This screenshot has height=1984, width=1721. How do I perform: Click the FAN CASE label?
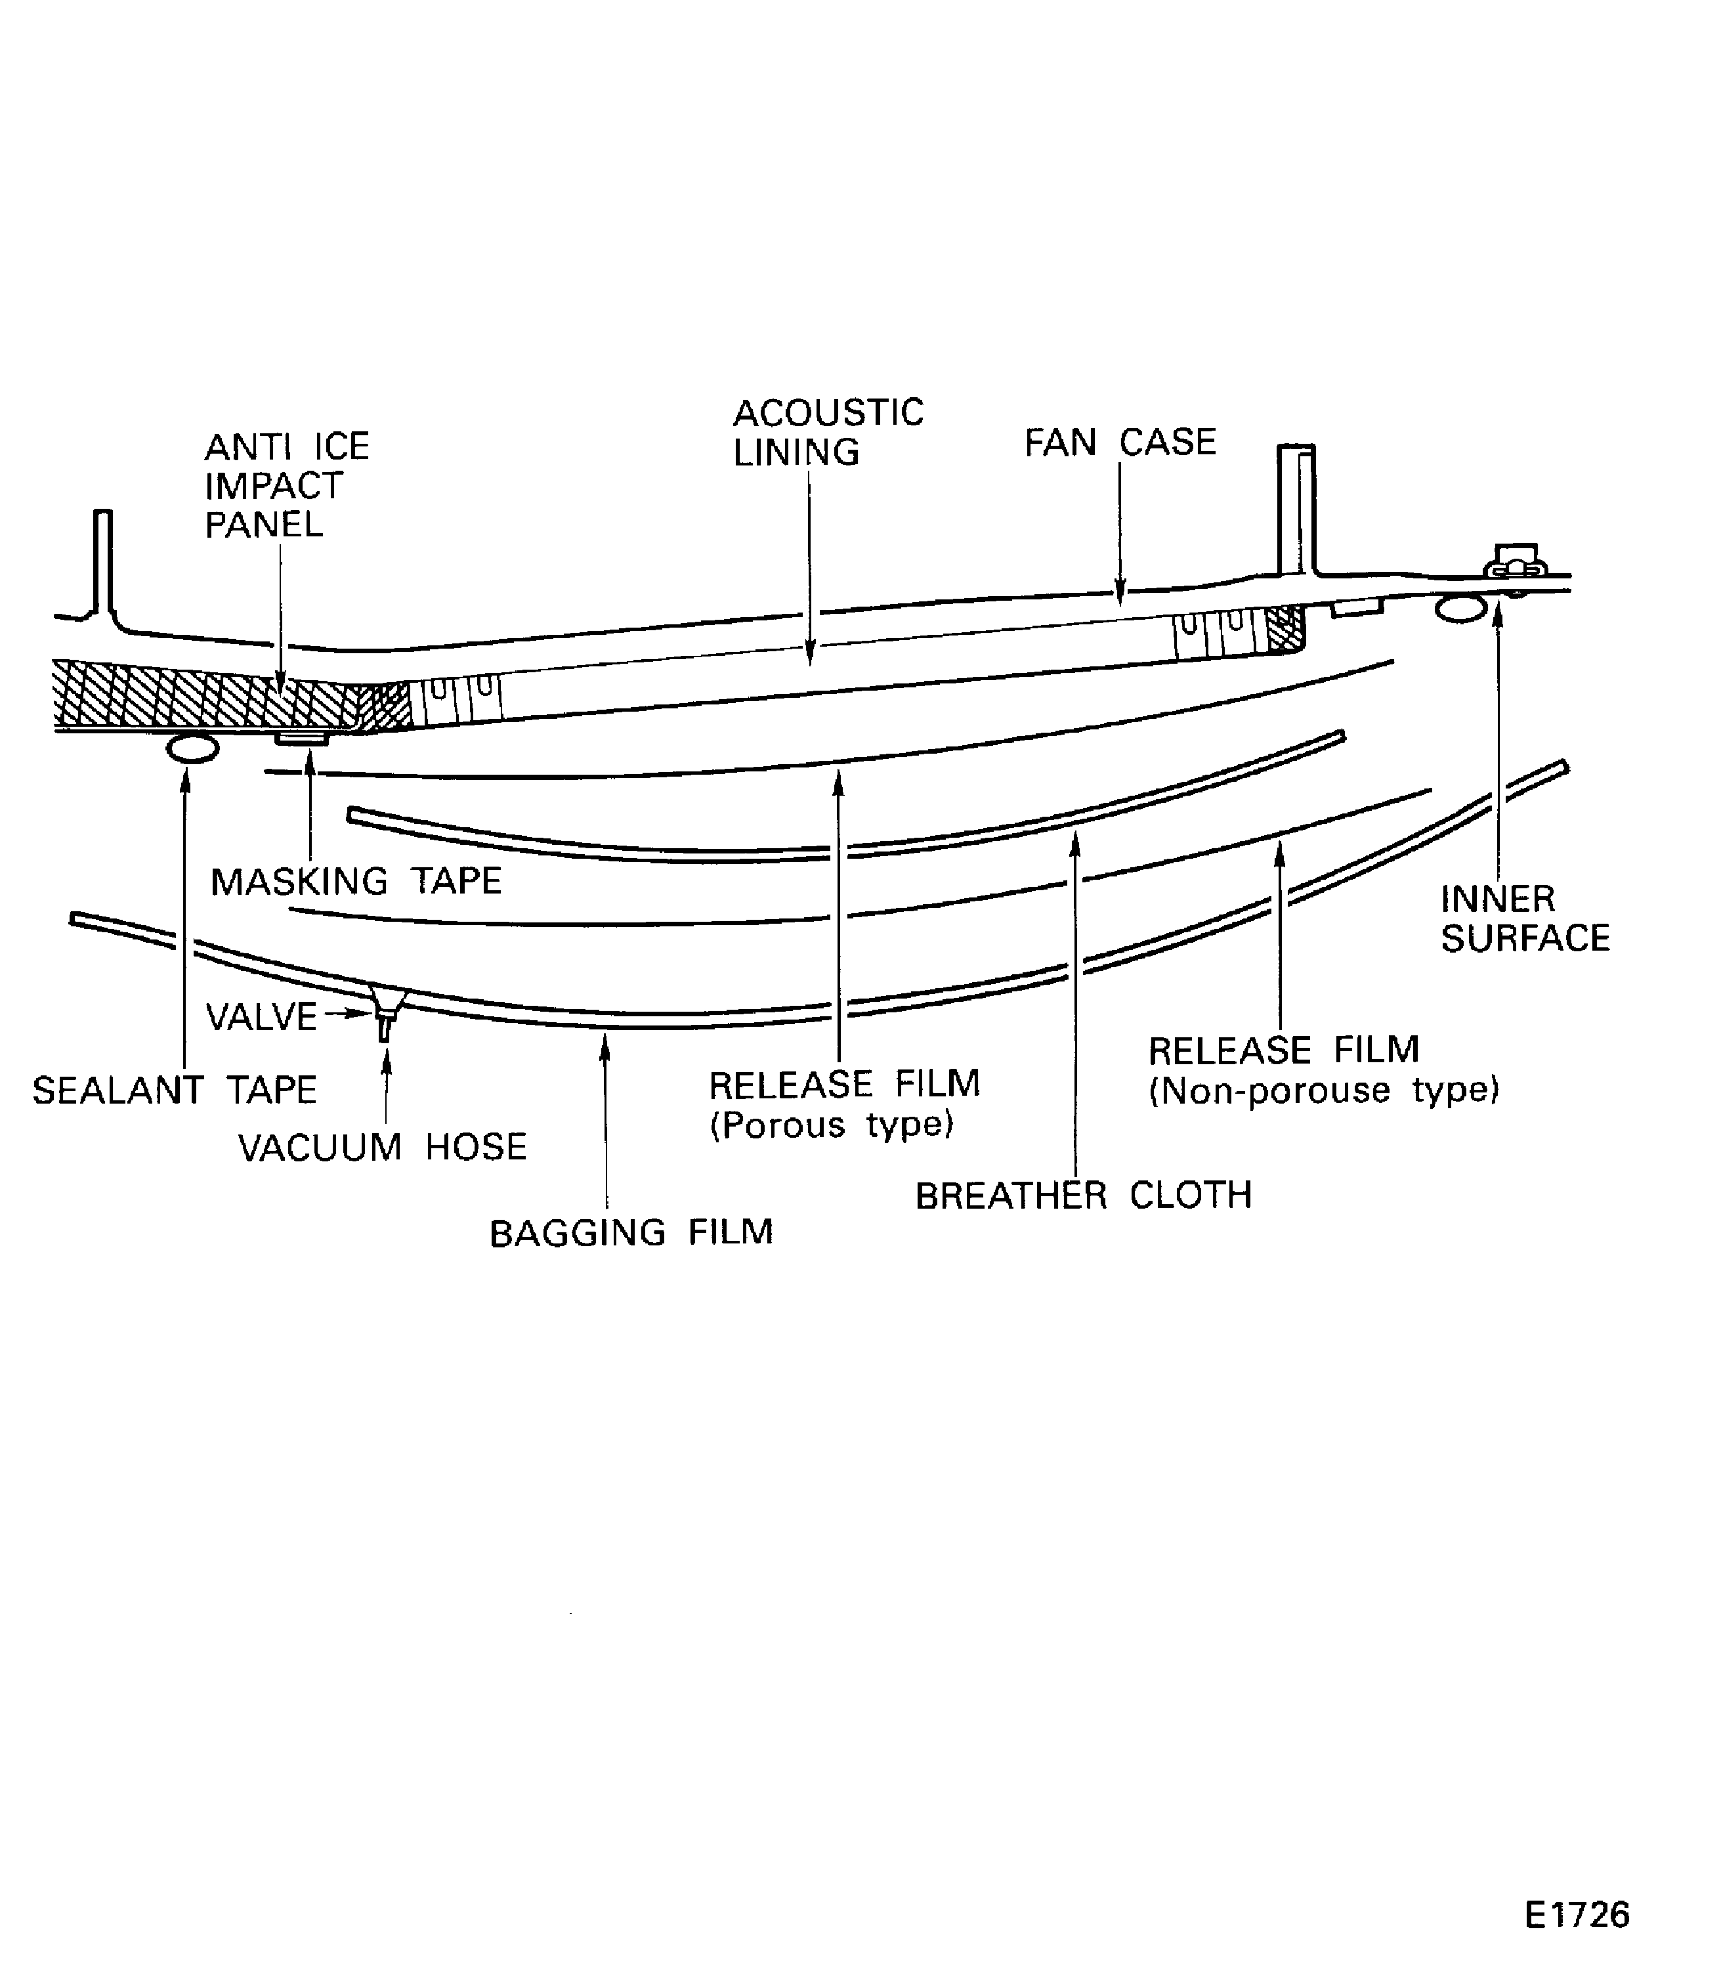click(x=1120, y=443)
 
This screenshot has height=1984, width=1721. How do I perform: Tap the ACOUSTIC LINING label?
click(x=828, y=433)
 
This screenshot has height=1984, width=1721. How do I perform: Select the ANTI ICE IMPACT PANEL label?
click(x=286, y=485)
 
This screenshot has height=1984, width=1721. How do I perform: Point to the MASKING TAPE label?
click(x=355, y=881)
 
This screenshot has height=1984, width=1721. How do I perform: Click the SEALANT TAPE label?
click(x=175, y=1090)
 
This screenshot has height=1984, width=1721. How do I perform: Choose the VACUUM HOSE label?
click(x=382, y=1147)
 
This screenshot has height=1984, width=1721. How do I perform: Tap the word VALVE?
click(x=261, y=1016)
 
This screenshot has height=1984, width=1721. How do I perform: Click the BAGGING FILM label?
click(x=631, y=1233)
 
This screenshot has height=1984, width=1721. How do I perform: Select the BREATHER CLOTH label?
click(x=1083, y=1196)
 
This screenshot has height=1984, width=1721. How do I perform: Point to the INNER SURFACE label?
click(x=1525, y=918)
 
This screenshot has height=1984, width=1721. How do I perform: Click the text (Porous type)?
click(x=832, y=1124)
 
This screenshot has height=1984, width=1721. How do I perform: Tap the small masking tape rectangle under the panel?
click(x=301, y=737)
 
